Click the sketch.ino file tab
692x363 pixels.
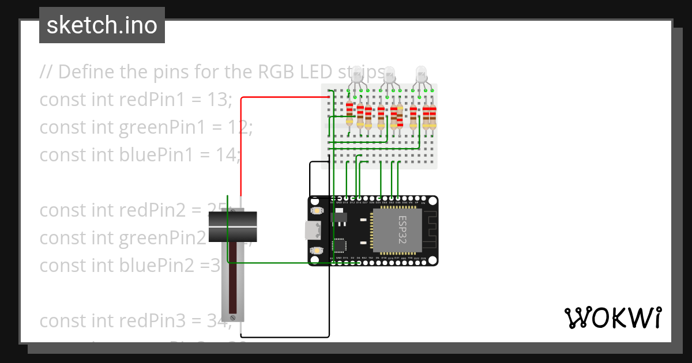(101, 25)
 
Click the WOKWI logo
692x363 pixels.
(612, 317)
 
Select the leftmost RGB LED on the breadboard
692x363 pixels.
(357, 75)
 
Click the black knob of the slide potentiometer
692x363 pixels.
(232, 227)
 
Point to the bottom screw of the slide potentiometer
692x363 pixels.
(233, 317)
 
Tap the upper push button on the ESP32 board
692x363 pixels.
(316, 211)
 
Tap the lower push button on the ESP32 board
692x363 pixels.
(316, 251)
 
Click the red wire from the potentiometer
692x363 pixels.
(241, 144)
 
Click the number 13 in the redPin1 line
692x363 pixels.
(218, 100)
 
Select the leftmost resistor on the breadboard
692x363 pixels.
(349, 113)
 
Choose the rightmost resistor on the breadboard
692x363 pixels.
(432, 117)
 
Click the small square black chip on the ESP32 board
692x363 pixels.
(339, 246)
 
